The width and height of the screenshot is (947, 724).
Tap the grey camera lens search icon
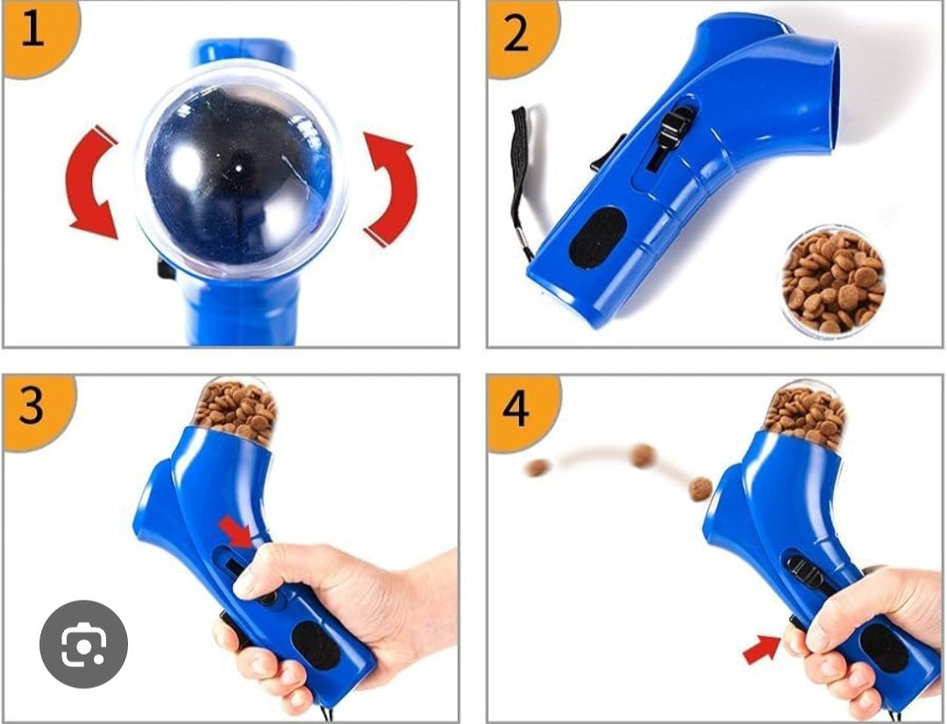[x=83, y=643]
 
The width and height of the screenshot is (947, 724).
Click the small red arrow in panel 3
[x=235, y=530]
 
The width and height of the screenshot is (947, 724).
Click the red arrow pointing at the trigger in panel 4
[x=761, y=649]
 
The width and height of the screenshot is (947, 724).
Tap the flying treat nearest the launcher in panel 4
[x=700, y=488]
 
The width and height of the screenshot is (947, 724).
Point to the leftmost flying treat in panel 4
[x=535, y=467]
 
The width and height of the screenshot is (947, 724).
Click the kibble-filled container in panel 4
[x=805, y=412]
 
